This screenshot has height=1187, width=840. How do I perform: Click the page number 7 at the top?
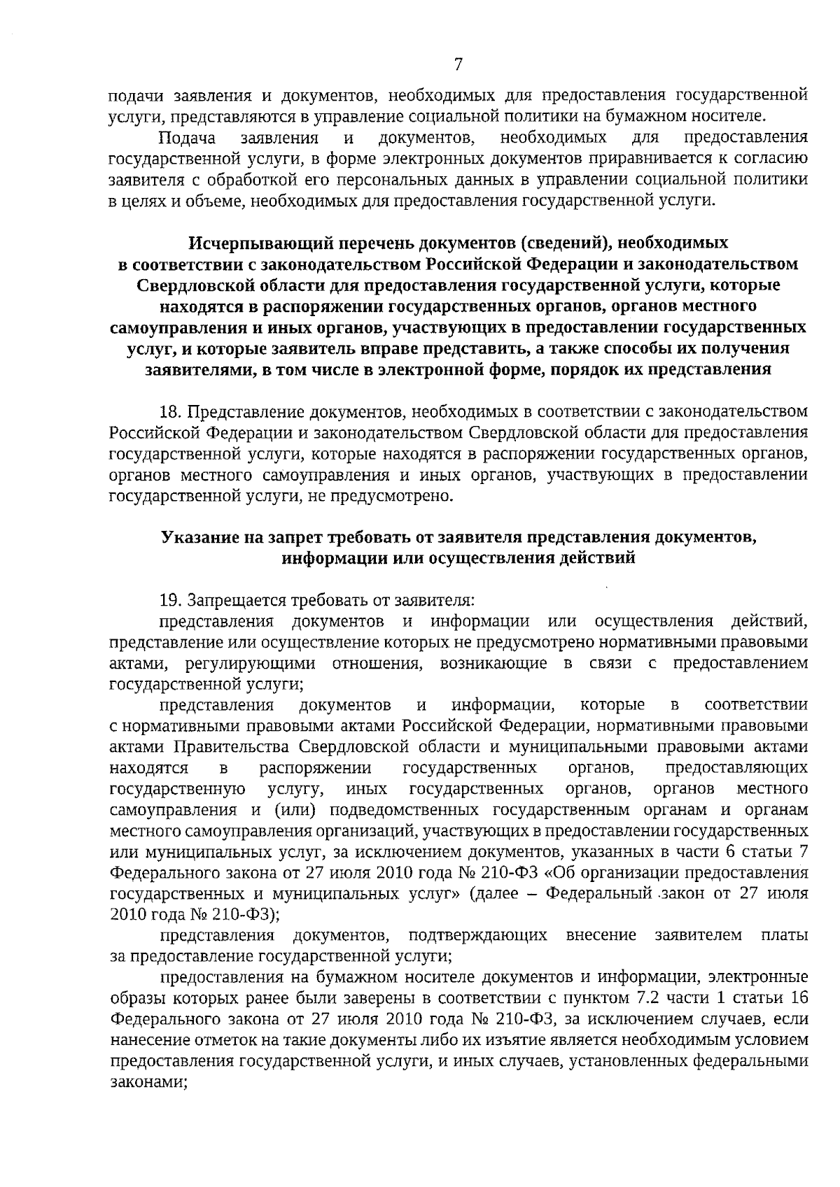458,65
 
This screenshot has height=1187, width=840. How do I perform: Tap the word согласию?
771,157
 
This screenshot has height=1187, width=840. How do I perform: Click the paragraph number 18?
171,411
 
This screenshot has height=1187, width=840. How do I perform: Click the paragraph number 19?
171,600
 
